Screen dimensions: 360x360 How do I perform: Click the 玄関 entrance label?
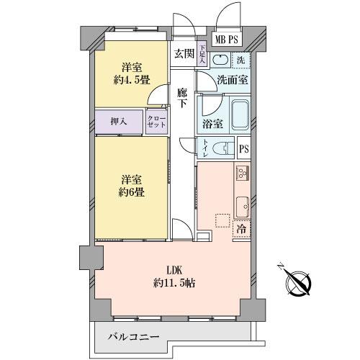(183, 53)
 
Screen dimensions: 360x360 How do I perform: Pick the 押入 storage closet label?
(120, 122)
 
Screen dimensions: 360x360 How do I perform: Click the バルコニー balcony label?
(133, 336)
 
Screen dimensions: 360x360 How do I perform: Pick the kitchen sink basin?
(242, 204)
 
